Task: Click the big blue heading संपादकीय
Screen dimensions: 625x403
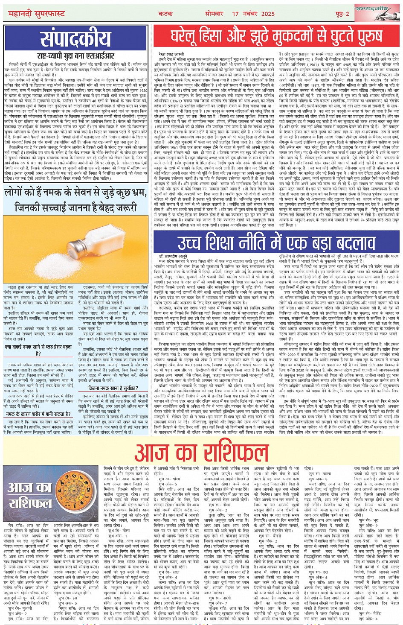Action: (x=75, y=39)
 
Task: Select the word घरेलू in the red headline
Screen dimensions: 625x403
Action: (x=191, y=37)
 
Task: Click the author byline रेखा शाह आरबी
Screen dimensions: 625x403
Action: (x=171, y=54)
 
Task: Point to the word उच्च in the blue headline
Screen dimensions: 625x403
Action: (x=191, y=242)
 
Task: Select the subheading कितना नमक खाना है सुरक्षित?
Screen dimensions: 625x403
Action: (x=113, y=388)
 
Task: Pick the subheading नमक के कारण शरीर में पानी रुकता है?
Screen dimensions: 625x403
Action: (x=38, y=414)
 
